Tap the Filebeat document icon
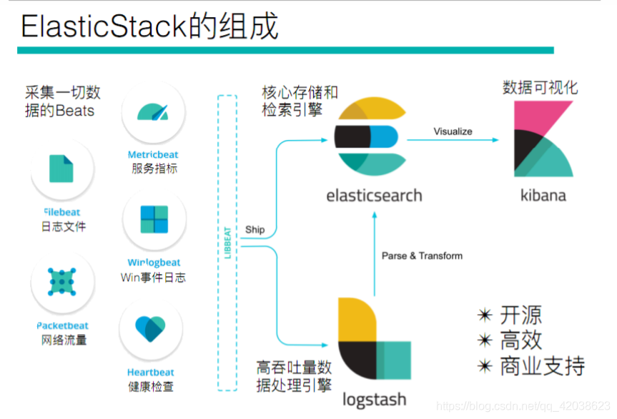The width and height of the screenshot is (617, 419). point(61,168)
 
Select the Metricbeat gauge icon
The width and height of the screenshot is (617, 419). point(152,111)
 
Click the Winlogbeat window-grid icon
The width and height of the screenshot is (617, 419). point(154,219)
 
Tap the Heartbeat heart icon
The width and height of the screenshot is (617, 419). point(152,329)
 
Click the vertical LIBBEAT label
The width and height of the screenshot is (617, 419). point(227,243)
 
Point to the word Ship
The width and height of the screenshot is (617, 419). point(255,230)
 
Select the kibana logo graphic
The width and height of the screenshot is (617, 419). point(543,139)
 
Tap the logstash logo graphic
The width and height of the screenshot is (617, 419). point(372,341)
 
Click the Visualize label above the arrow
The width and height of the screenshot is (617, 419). point(453,131)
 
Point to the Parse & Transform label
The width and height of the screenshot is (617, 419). point(422,256)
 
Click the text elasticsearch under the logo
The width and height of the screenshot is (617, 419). point(373,196)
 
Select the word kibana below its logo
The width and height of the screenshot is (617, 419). point(543,195)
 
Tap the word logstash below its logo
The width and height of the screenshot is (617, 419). point(374,399)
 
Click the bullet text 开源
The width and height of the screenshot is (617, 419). point(520,315)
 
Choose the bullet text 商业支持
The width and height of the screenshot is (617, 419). point(542,365)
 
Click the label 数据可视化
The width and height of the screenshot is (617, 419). point(540,88)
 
